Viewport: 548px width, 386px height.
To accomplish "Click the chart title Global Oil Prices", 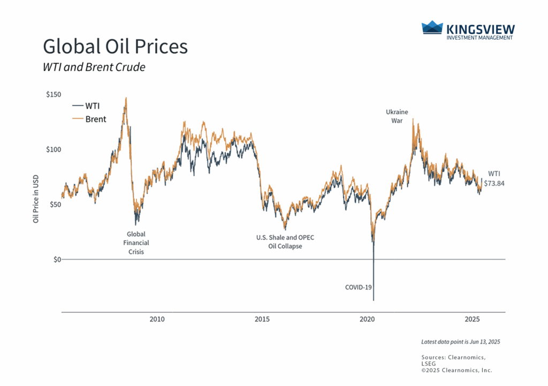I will point(115,47).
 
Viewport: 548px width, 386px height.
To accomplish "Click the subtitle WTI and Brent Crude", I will point(94,67).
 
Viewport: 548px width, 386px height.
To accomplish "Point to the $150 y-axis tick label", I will point(54,95).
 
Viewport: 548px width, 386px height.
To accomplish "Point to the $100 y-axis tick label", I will point(54,149).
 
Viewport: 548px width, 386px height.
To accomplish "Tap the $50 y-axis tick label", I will point(56,205).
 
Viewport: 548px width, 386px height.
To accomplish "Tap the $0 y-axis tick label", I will point(57,259).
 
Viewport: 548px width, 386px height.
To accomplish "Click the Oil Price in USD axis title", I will point(36,200).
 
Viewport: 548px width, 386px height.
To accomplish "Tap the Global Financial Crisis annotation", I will point(135,243).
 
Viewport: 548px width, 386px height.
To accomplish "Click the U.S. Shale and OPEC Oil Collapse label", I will point(285,242).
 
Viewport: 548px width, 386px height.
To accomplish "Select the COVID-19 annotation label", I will point(358,287).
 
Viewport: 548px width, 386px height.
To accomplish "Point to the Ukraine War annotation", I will point(397,116).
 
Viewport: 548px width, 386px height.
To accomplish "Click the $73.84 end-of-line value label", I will point(494,183).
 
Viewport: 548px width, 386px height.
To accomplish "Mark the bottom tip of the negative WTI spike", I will point(373,301).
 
